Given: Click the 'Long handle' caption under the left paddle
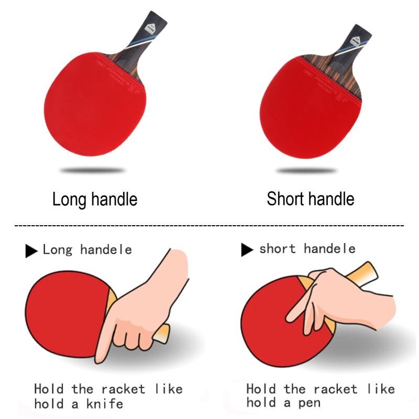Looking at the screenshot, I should pyautogui.click(x=95, y=200).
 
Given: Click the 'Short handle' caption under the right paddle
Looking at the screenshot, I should pyautogui.click(x=310, y=199).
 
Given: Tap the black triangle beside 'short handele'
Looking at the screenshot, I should pyautogui.click(x=247, y=250).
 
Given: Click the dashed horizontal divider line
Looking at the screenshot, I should pyautogui.click(x=210, y=225).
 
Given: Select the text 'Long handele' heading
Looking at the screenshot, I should pyautogui.click(x=87, y=250).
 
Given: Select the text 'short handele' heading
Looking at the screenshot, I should pyautogui.click(x=307, y=249).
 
